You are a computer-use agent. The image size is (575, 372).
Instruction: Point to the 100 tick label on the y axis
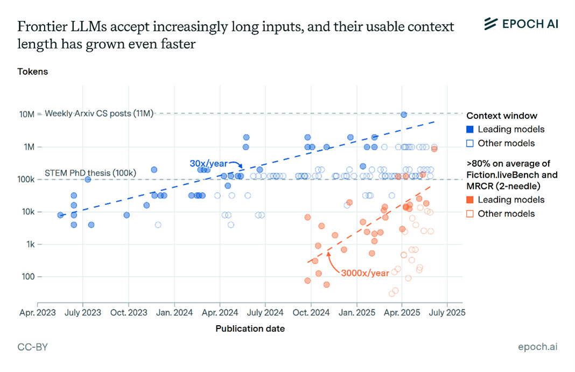coord(27,277)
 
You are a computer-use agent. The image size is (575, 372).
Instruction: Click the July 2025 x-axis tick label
coord(444,312)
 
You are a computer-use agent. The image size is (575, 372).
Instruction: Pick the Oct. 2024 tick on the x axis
coord(310,312)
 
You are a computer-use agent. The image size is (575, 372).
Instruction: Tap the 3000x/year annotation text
coord(364,273)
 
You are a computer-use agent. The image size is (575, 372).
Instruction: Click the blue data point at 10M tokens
coord(403,114)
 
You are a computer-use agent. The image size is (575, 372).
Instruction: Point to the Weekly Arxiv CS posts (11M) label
coord(99,114)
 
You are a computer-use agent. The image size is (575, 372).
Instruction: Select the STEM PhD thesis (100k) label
coord(90,173)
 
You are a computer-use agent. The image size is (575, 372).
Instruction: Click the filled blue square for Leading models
coord(470,129)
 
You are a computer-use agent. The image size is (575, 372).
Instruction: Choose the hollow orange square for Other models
coord(470,214)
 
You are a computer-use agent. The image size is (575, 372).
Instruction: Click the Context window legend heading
coord(501,116)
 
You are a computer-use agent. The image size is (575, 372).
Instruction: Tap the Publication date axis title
coord(250,328)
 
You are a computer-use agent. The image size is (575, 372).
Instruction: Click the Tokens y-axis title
coord(32,72)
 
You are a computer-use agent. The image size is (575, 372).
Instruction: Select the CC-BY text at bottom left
coord(32,347)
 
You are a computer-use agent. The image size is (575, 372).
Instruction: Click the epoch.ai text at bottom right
coord(537,347)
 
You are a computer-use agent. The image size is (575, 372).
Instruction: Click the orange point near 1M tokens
coord(434,149)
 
